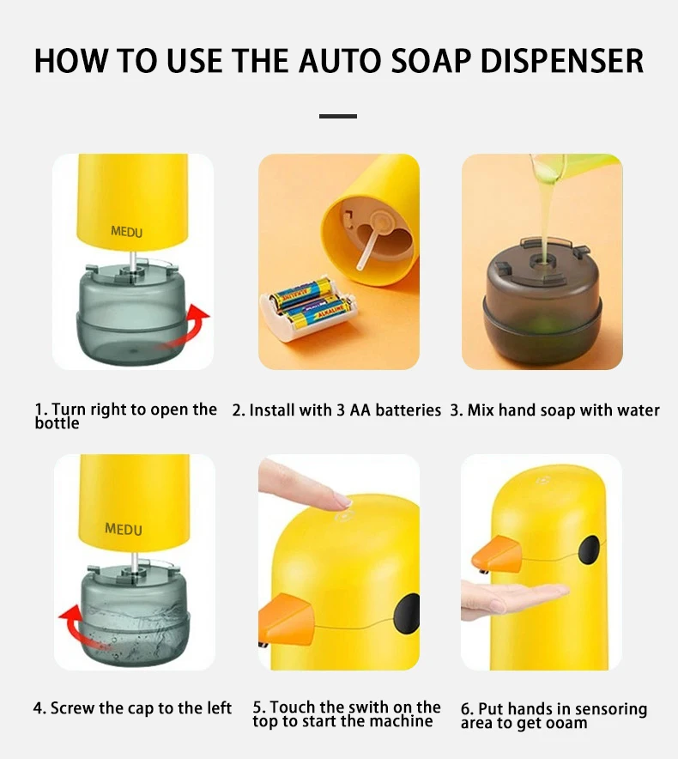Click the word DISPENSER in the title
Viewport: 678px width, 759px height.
click(560, 61)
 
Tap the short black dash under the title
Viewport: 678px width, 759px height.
click(337, 115)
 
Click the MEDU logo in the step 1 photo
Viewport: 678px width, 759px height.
click(126, 231)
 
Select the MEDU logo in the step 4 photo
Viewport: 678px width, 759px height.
click(124, 529)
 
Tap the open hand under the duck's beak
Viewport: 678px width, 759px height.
click(515, 598)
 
